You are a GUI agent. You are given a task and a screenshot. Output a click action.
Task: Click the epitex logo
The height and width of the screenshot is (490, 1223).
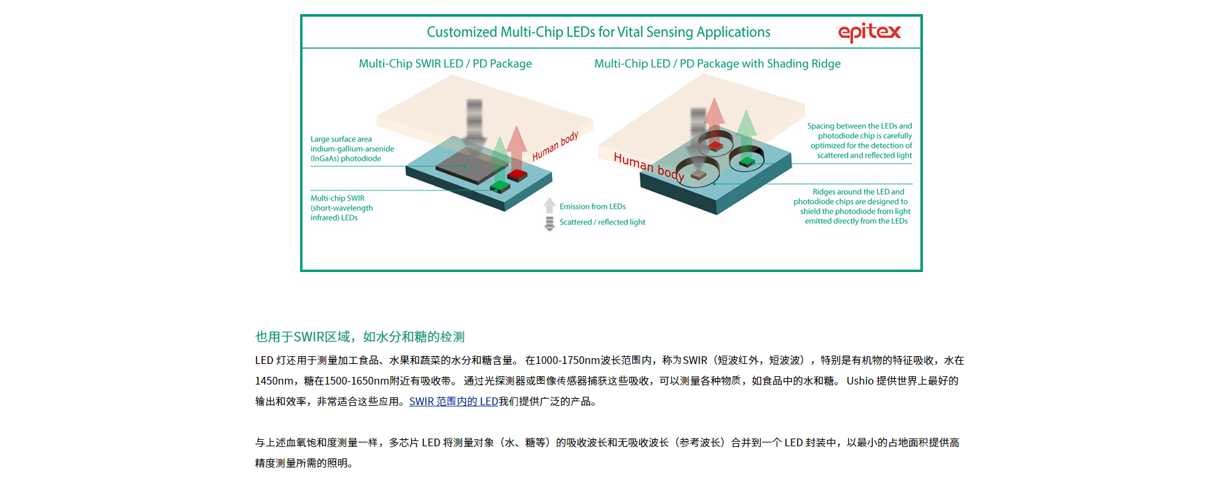[870, 32]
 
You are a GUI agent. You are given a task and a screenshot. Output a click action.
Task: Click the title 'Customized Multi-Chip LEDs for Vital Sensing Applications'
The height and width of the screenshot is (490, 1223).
[598, 32]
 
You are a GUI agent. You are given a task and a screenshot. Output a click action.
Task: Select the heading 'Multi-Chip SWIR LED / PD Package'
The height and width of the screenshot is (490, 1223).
[445, 64]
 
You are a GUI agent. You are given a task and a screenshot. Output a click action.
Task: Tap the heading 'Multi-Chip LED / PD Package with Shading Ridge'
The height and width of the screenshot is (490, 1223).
[717, 64]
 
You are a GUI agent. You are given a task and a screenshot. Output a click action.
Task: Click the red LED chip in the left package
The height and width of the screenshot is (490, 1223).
[517, 175]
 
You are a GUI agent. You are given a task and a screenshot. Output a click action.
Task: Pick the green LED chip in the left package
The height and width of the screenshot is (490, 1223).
[500, 186]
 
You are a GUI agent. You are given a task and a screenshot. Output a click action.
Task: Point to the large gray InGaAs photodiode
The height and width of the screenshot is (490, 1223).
[469, 165]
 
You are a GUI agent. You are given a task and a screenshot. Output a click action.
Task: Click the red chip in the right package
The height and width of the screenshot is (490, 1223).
[715, 146]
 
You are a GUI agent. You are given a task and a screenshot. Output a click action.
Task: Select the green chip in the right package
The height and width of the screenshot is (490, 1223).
[747, 161]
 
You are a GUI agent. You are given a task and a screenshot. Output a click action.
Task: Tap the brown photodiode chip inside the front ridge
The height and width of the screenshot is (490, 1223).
[698, 174]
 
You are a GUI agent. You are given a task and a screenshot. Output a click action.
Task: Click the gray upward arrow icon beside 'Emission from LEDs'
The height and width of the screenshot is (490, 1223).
[549, 206]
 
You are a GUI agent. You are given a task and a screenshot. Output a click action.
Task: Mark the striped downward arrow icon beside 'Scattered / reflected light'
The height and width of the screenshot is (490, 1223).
[549, 223]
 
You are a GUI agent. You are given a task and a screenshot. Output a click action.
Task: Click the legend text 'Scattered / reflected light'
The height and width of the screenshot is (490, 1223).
[602, 222]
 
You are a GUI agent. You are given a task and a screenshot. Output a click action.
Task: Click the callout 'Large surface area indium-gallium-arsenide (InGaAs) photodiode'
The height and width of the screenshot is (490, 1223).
[352, 149]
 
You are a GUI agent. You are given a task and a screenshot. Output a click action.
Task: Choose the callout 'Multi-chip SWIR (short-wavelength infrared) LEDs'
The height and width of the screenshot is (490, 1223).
[341, 208]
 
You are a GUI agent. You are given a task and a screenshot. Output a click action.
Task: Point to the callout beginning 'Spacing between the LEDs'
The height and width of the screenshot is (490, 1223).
[860, 141]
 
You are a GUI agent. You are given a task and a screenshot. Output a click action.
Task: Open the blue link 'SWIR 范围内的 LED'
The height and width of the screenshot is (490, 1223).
[454, 401]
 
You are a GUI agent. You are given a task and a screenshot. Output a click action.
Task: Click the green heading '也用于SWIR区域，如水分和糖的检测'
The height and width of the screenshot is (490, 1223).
[360, 336]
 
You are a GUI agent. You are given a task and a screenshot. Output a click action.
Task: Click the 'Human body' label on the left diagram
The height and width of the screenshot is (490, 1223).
[555, 146]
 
